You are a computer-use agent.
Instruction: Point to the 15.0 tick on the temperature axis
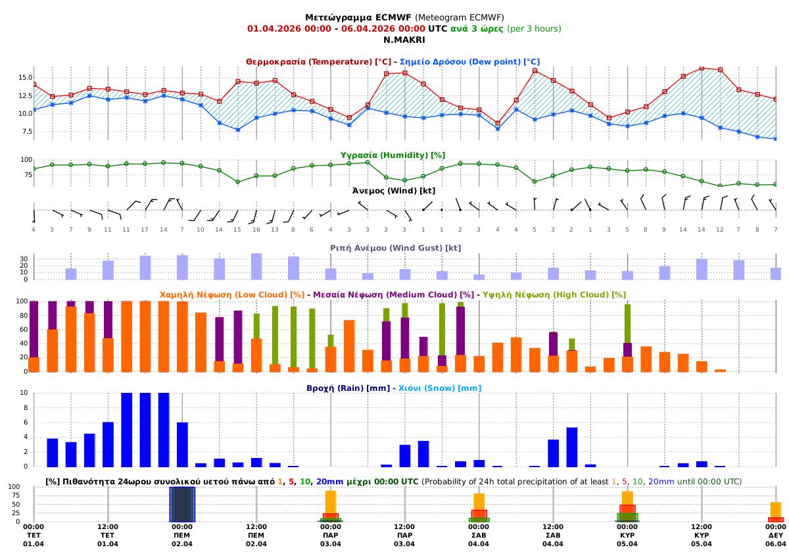point(25,78)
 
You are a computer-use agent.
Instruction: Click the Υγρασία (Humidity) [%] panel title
point(393,155)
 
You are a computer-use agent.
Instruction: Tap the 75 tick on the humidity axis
point(26,175)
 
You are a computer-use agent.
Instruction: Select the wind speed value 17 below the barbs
point(145,229)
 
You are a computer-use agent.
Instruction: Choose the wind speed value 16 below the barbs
point(256,229)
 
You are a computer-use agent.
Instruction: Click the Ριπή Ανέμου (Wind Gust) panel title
point(395,248)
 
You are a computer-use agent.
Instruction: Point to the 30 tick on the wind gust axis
point(24,259)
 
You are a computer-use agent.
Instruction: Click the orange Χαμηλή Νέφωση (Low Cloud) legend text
point(233,295)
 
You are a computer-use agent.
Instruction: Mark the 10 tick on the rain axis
point(24,393)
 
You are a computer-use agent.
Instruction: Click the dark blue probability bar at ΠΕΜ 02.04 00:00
point(182,504)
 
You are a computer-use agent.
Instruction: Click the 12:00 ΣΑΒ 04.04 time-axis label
point(553,536)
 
